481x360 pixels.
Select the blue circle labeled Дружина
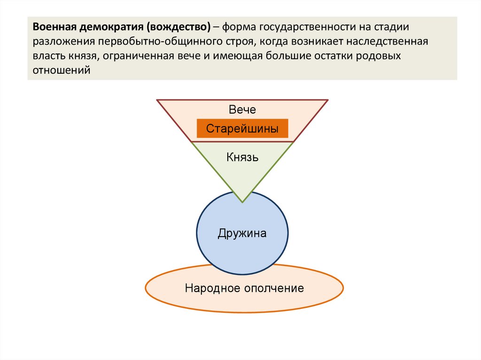coord(242,233)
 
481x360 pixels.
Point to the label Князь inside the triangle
coord(242,157)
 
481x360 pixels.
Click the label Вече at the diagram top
coord(242,110)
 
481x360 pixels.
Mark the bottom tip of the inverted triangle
coord(242,202)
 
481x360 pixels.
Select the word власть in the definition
coord(47,56)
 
